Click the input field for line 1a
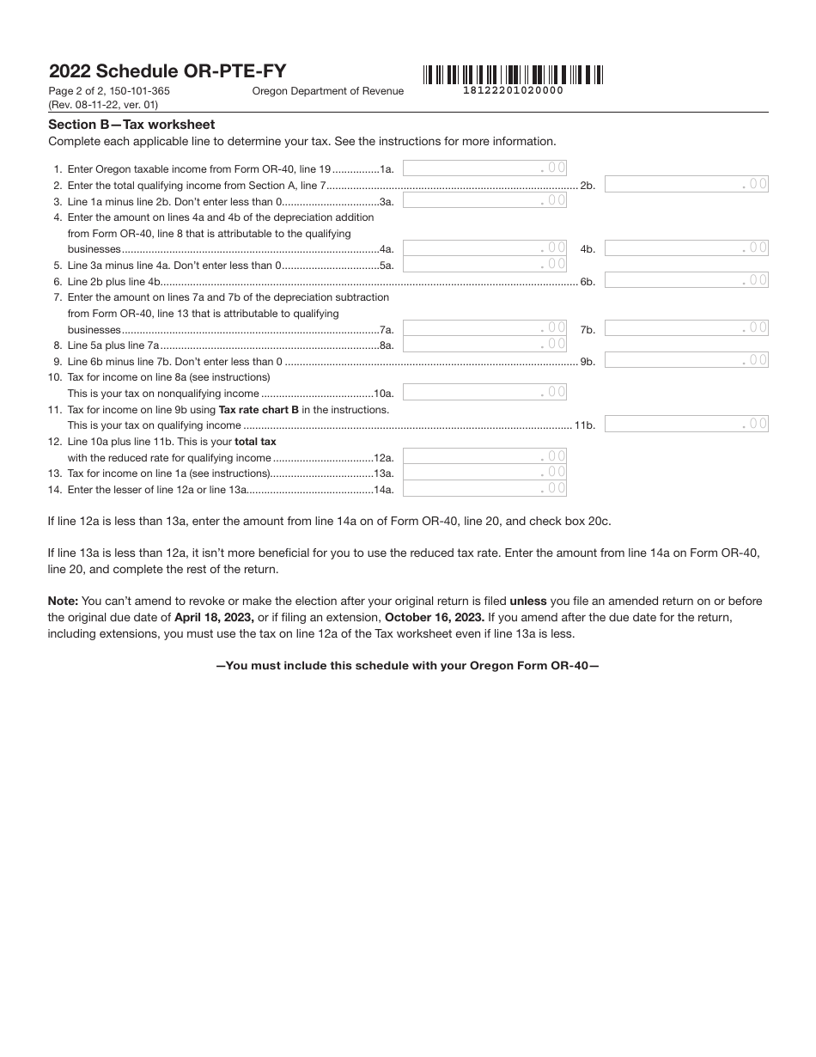[484, 168]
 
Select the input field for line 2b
[686, 184]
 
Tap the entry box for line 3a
[484, 200]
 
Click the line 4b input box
[686, 248]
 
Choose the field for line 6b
[686, 280]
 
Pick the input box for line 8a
[484, 344]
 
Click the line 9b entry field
[686, 360]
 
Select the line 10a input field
[484, 392]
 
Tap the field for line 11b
[686, 424]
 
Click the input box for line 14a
[484, 488]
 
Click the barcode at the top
[513, 75]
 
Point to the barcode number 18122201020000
[513, 90]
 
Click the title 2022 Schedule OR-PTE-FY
[167, 71]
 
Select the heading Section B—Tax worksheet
[131, 125]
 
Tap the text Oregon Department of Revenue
[327, 91]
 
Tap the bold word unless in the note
[528, 601]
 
